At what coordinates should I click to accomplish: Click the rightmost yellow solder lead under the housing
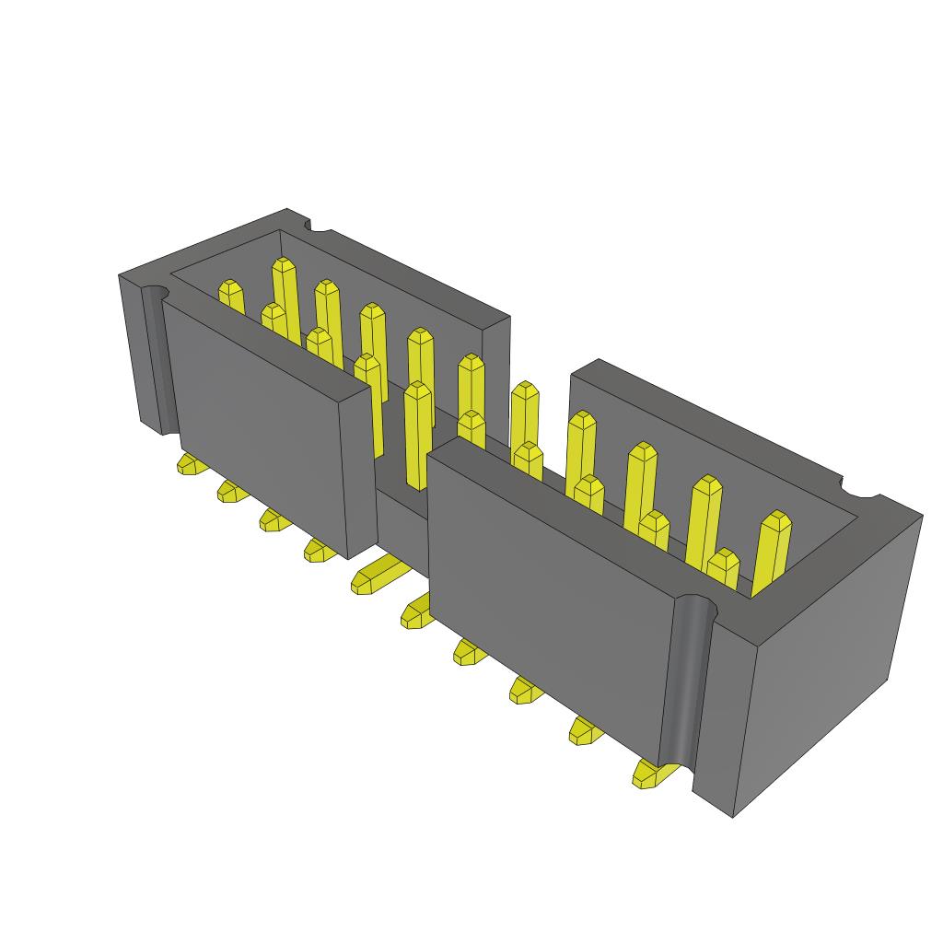point(649,775)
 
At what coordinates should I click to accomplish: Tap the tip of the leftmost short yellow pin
point(230,289)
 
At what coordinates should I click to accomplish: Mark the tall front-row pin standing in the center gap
point(417,433)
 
